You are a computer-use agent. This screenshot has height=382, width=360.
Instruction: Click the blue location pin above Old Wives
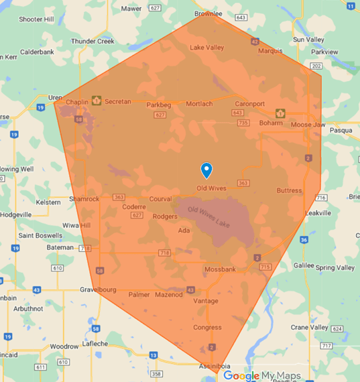[x=206, y=170]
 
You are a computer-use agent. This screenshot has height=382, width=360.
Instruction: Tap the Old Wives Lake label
[x=208, y=216]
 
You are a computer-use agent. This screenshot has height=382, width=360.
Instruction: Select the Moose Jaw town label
[x=307, y=125]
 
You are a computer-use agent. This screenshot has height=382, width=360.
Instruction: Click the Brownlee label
[x=208, y=13]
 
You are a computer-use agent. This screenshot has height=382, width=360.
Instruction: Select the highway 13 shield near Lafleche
[x=154, y=355]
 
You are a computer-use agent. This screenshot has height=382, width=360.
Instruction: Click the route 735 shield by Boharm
[x=243, y=123]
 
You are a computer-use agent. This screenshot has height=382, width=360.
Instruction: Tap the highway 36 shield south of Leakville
[x=304, y=240]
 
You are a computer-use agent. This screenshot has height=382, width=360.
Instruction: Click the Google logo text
[x=241, y=376]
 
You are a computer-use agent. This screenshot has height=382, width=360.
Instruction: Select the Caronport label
[x=250, y=104]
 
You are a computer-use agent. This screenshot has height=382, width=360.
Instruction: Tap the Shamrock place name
[x=85, y=199]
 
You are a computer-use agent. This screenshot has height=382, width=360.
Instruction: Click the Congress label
[x=207, y=327]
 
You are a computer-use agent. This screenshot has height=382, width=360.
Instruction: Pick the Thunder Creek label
[x=93, y=42]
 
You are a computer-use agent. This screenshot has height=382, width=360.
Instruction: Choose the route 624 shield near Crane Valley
[x=337, y=328]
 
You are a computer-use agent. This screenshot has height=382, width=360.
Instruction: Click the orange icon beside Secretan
[x=97, y=101]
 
